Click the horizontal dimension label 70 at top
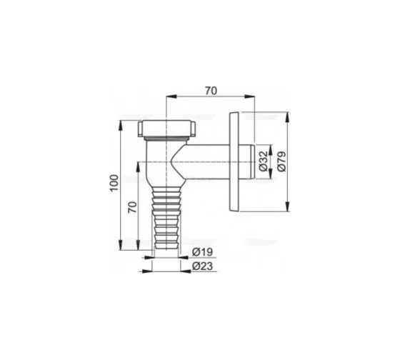211,91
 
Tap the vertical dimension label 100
114,182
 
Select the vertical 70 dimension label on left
132,207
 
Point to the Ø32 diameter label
263,161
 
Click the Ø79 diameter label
281,161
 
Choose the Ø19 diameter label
202,252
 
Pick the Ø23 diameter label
202,266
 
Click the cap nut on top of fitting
167,129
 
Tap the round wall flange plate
234,161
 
